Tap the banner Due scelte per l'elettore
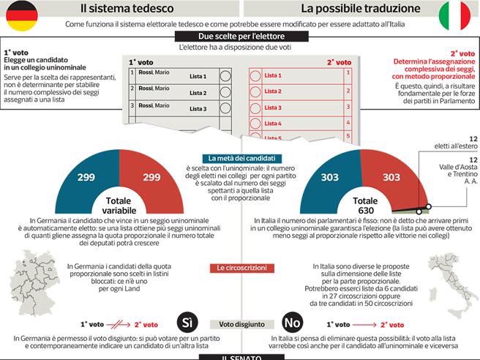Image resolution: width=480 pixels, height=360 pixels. point(239,37)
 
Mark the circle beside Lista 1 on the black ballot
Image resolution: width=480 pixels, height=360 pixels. point(225,75)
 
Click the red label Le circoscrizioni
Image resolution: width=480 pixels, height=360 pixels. point(239,269)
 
